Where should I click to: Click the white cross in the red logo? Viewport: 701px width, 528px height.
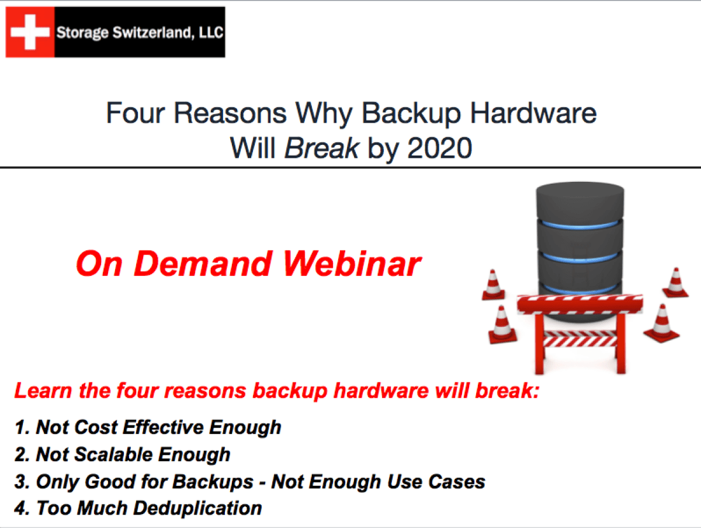(30, 32)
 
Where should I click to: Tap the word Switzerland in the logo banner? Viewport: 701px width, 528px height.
(134, 32)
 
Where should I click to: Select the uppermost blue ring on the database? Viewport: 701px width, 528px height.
(580, 225)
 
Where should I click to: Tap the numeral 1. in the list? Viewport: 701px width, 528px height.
(22, 427)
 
